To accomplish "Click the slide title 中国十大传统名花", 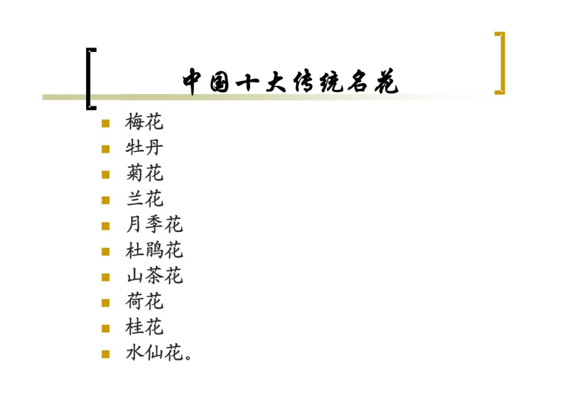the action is [x=290, y=82].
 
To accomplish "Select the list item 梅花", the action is [x=144, y=122].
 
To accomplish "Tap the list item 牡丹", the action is [x=144, y=148].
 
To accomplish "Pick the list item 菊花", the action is [x=144, y=174].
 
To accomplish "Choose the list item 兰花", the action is [x=144, y=199].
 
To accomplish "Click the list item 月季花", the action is [x=154, y=225].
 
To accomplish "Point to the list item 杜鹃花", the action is [x=154, y=250].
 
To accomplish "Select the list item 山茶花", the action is [x=154, y=276].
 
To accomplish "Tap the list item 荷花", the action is [x=144, y=302].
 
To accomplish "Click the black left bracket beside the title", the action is [x=89, y=79].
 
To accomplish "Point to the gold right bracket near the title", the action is [x=500, y=63].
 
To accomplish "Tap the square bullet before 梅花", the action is [x=106, y=123].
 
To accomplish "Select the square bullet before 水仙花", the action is [x=106, y=355].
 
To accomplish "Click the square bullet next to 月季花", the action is [x=106, y=226].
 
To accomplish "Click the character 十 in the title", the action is [x=248, y=82].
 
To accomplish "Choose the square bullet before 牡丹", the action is [x=106, y=149].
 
